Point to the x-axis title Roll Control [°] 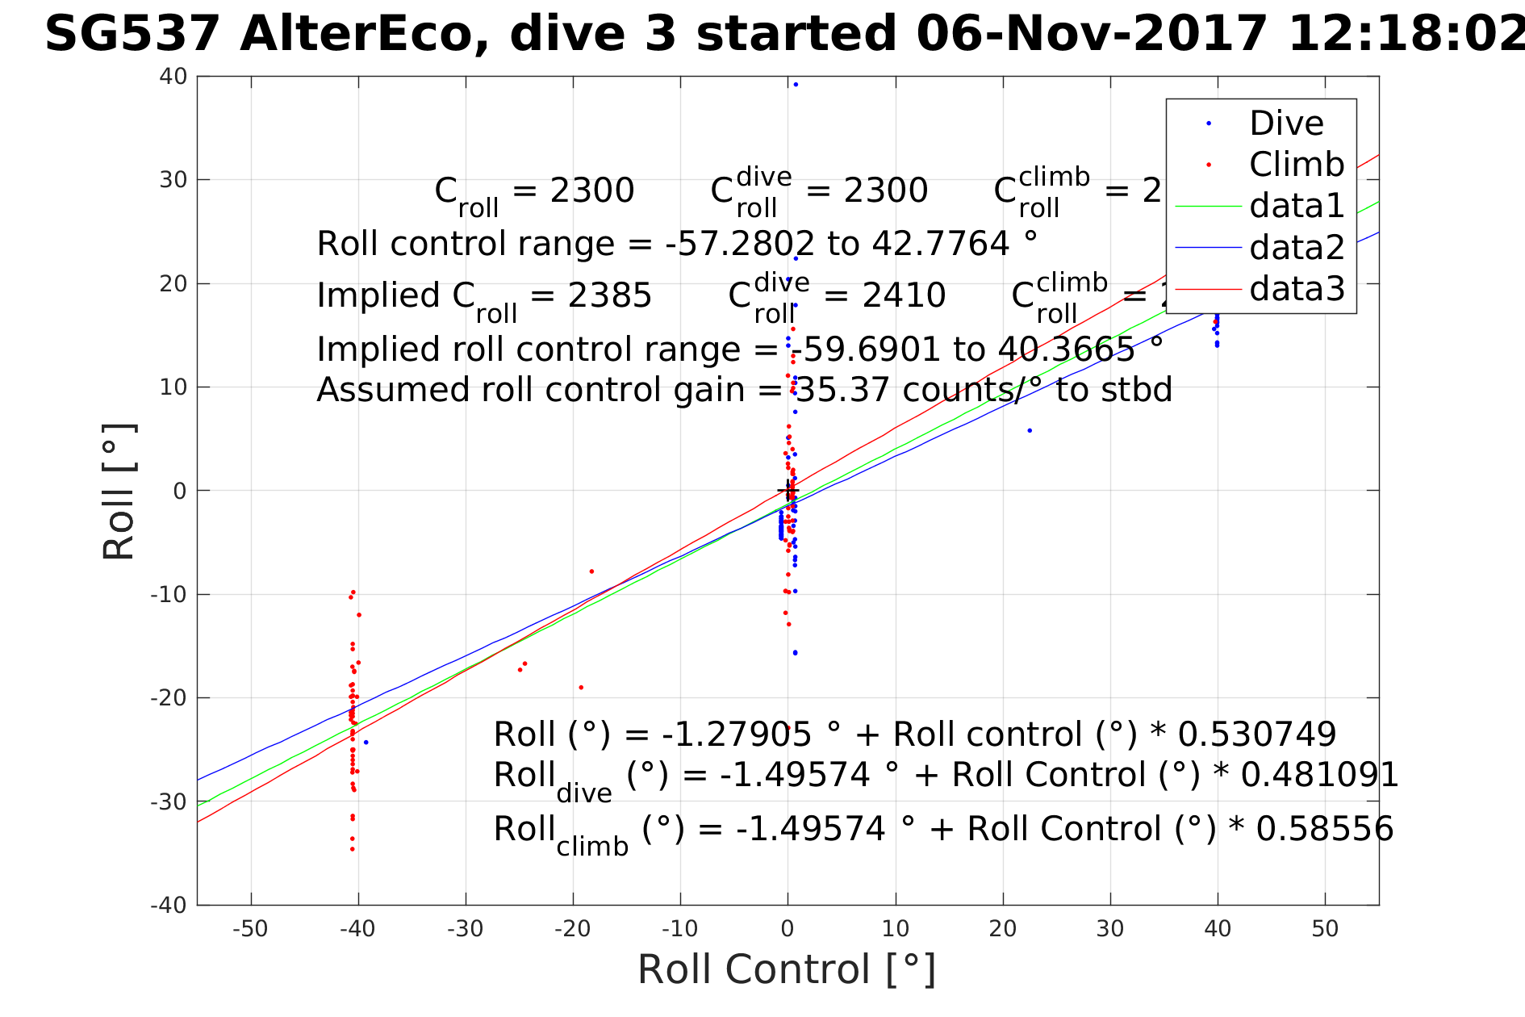pyautogui.click(x=787, y=969)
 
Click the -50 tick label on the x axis pyautogui.click(x=250, y=929)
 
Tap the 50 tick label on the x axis pyautogui.click(x=1325, y=929)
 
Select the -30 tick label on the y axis pyautogui.click(x=169, y=801)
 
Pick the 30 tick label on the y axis pyautogui.click(x=173, y=180)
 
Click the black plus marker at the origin pyautogui.click(x=788, y=490)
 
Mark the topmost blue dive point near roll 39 pyautogui.click(x=796, y=85)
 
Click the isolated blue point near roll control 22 pyautogui.click(x=1030, y=431)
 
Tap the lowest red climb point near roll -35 pyautogui.click(x=353, y=849)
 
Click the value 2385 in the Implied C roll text pyautogui.click(x=609, y=295)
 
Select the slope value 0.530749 pyautogui.click(x=1257, y=734)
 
